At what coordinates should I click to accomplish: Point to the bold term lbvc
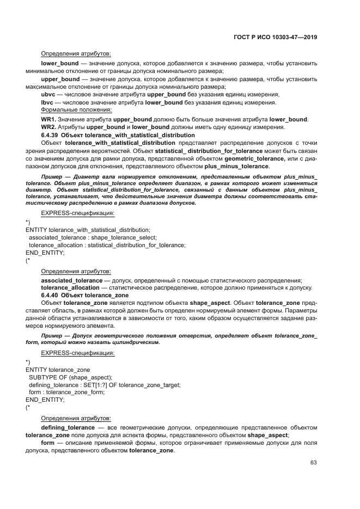click(48, 103)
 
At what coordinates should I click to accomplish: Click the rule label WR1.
click(48, 120)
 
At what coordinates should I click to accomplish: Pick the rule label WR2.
click(48, 127)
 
